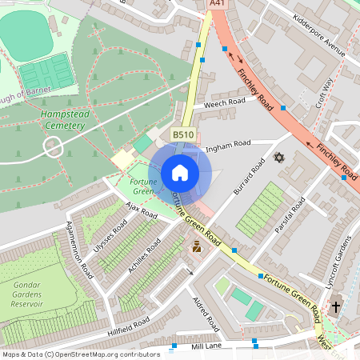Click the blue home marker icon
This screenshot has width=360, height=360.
[180, 173]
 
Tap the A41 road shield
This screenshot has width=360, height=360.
[216, 4]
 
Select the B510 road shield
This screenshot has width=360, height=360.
[183, 136]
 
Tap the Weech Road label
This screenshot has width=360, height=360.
[225, 103]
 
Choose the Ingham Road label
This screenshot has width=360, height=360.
[228, 146]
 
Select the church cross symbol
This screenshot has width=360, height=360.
[336, 306]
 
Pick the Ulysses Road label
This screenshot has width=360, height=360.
[110, 237]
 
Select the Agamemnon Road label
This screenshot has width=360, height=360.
[80, 249]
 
